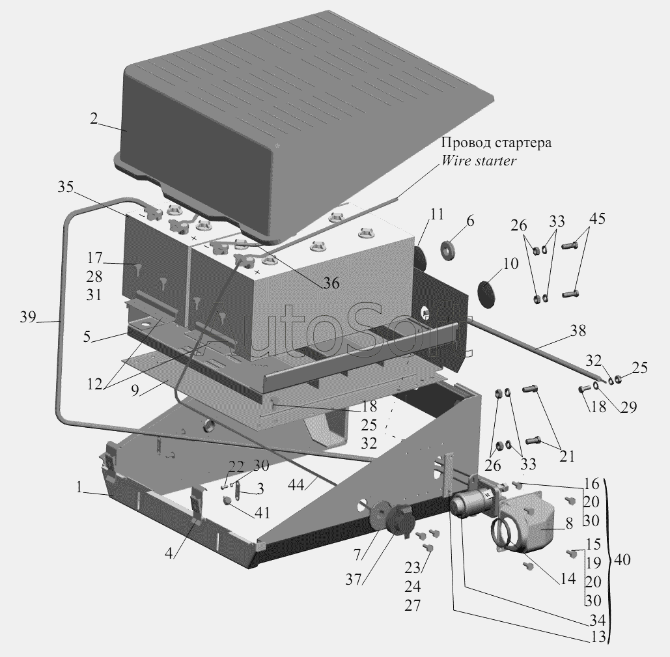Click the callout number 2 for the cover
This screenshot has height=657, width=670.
[x=94, y=119]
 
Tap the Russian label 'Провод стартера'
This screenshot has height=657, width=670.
[x=496, y=142]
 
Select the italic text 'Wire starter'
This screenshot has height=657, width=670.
[x=479, y=161]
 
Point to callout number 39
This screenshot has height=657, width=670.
[x=28, y=317]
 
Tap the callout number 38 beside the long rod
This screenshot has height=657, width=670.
[x=578, y=330]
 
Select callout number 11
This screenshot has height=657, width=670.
[x=437, y=214]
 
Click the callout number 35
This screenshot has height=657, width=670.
[x=65, y=187]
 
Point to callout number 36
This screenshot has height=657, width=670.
[x=331, y=283]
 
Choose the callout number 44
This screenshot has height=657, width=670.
[x=296, y=484]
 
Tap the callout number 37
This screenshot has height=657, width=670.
[x=354, y=580]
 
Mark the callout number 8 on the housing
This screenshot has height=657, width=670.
[x=568, y=524]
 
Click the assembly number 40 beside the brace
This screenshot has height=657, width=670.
[x=622, y=559]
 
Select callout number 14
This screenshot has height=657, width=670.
[x=568, y=579]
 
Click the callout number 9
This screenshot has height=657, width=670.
[x=135, y=390]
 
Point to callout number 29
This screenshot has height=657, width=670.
[x=628, y=407]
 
